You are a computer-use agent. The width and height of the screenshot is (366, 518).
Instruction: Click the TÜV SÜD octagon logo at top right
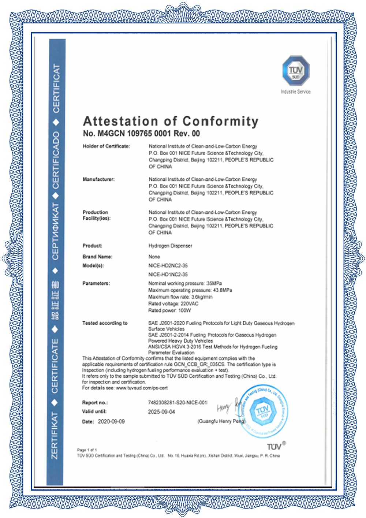[295, 71]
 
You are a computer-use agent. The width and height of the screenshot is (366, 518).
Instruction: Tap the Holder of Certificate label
[106, 146]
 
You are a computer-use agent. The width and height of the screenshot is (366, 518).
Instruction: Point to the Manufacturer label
[98, 179]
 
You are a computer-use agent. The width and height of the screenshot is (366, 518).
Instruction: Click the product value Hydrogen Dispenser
[170, 246]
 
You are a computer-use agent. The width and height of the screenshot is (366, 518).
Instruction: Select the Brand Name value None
[154, 257]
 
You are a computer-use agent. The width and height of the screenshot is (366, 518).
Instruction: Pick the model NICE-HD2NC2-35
[168, 265]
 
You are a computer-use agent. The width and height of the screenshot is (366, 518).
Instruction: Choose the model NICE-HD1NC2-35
[168, 274]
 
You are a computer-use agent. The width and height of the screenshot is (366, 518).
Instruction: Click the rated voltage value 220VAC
[190, 303]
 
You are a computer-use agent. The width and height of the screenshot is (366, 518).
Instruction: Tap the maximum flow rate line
[180, 297]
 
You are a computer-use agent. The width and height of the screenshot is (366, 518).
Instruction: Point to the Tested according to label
[105, 323]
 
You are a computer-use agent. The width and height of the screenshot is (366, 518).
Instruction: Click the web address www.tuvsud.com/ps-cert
[142, 388]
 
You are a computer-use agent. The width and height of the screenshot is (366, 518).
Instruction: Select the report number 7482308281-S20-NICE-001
[178, 402]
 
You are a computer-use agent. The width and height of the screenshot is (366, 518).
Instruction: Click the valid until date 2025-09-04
[161, 411]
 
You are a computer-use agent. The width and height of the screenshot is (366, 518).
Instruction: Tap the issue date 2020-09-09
[111, 421]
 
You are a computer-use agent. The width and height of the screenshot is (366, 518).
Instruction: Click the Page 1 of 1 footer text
[87, 450]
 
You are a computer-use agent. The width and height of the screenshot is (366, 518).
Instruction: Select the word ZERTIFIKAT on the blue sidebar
[55, 435]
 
